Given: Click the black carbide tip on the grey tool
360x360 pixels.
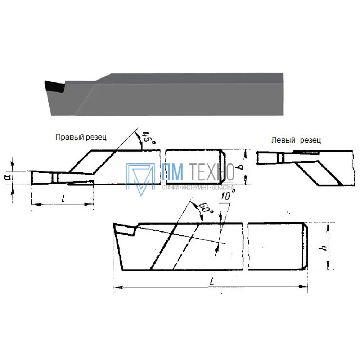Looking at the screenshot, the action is [55, 86].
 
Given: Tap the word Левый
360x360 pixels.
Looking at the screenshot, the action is [283, 140].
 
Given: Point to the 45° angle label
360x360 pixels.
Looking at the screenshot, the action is [149, 138].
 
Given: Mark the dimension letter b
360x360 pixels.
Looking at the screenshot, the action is [240, 166].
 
